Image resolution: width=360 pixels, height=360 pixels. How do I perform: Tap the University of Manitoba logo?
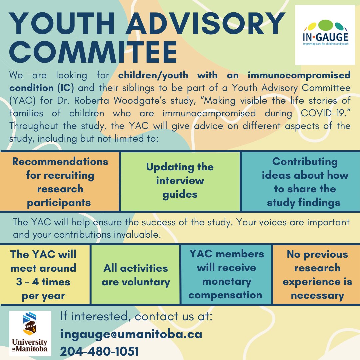click(x=30, y=333)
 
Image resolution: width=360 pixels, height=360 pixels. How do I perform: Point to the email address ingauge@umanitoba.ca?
click(x=131, y=334)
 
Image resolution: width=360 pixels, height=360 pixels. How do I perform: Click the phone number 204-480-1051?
click(x=99, y=351)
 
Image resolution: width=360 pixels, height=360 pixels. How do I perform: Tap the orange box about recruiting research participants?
click(x=60, y=182)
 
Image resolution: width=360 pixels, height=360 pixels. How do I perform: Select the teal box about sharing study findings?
click(x=300, y=182)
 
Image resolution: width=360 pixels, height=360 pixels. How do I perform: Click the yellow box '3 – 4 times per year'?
click(x=43, y=275)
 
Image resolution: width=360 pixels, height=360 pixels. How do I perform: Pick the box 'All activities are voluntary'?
click(x=136, y=275)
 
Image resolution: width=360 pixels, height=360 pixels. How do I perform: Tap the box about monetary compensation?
click(x=226, y=274)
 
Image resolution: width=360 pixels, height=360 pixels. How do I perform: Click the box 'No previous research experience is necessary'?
click(x=317, y=274)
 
